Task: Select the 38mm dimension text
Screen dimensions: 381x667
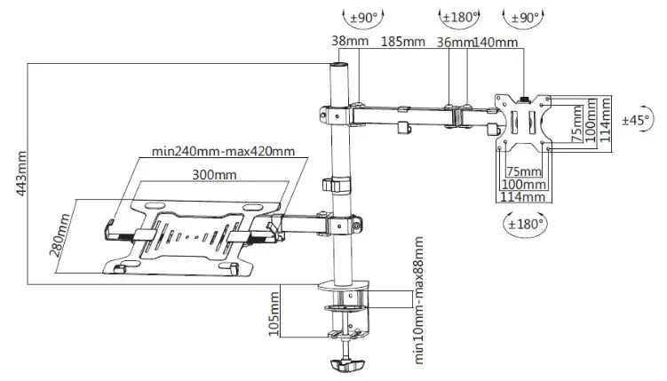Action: click(x=345, y=42)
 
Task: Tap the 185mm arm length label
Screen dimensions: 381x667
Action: click(x=403, y=42)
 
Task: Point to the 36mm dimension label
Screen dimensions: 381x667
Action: click(x=453, y=42)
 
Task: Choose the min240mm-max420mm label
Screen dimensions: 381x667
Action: click(x=222, y=151)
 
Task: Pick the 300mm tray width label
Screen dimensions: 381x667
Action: click(x=218, y=175)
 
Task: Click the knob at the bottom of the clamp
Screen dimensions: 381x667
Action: click(x=347, y=364)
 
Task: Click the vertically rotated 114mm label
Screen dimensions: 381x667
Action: click(x=605, y=120)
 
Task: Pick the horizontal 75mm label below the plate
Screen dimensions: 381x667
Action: click(x=523, y=171)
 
